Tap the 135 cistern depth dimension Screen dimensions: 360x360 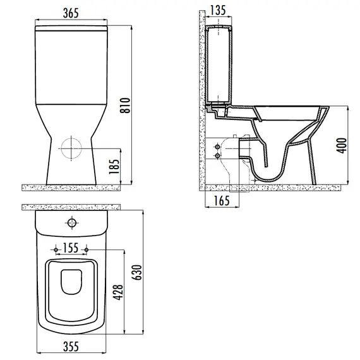217,11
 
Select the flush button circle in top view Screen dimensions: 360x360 72,223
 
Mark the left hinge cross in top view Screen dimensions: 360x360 57,247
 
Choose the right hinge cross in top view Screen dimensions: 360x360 85,247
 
